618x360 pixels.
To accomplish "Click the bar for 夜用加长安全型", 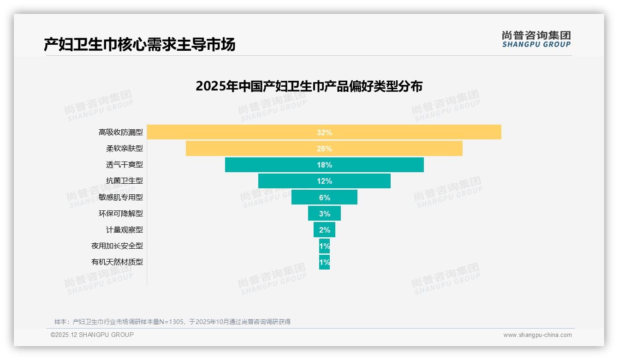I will (324, 246).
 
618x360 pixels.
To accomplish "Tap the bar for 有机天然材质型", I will (324, 262).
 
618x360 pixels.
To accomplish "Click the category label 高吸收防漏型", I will (121, 132).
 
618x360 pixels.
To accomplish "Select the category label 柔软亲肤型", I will (125, 149).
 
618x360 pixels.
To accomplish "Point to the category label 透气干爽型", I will (125, 165).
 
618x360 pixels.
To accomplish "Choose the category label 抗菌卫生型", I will (125, 181).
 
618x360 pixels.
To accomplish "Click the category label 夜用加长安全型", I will (117, 246).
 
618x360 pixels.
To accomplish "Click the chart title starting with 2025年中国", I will (309, 86).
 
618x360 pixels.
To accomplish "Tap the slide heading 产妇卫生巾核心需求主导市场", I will (139, 44).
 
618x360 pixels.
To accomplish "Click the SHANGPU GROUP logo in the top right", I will (536, 39).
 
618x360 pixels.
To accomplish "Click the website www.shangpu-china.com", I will (537, 335).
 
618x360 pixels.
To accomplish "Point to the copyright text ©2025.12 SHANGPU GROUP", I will (92, 335).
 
